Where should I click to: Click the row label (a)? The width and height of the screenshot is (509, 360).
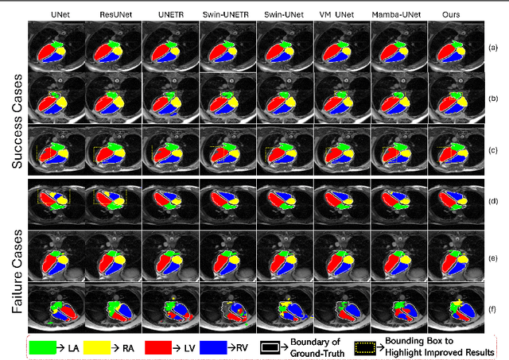tap(493, 48)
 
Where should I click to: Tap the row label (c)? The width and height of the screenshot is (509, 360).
tap(493, 150)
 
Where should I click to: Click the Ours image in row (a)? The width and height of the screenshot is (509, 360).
tap(457, 48)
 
